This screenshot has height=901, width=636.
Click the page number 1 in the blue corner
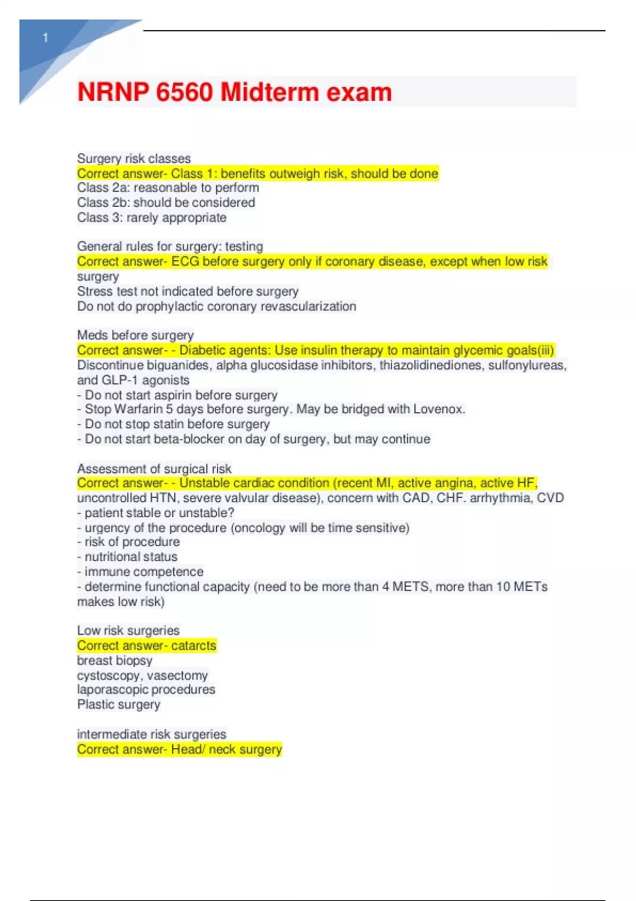46,38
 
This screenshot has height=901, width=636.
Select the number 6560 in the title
184,92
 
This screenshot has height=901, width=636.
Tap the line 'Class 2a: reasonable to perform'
168,188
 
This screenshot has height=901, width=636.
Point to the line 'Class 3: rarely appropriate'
152,218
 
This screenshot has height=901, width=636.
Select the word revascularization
308,306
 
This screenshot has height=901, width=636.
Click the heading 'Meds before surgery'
135,335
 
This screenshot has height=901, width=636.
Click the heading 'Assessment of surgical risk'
154,469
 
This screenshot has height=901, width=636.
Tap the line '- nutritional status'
127,556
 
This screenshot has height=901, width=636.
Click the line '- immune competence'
140,572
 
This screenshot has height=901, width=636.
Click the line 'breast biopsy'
114,660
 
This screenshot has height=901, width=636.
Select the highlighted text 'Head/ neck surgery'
226,749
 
